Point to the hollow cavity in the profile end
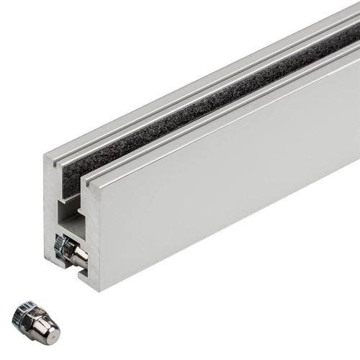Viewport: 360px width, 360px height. pyautogui.click(x=72, y=216)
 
